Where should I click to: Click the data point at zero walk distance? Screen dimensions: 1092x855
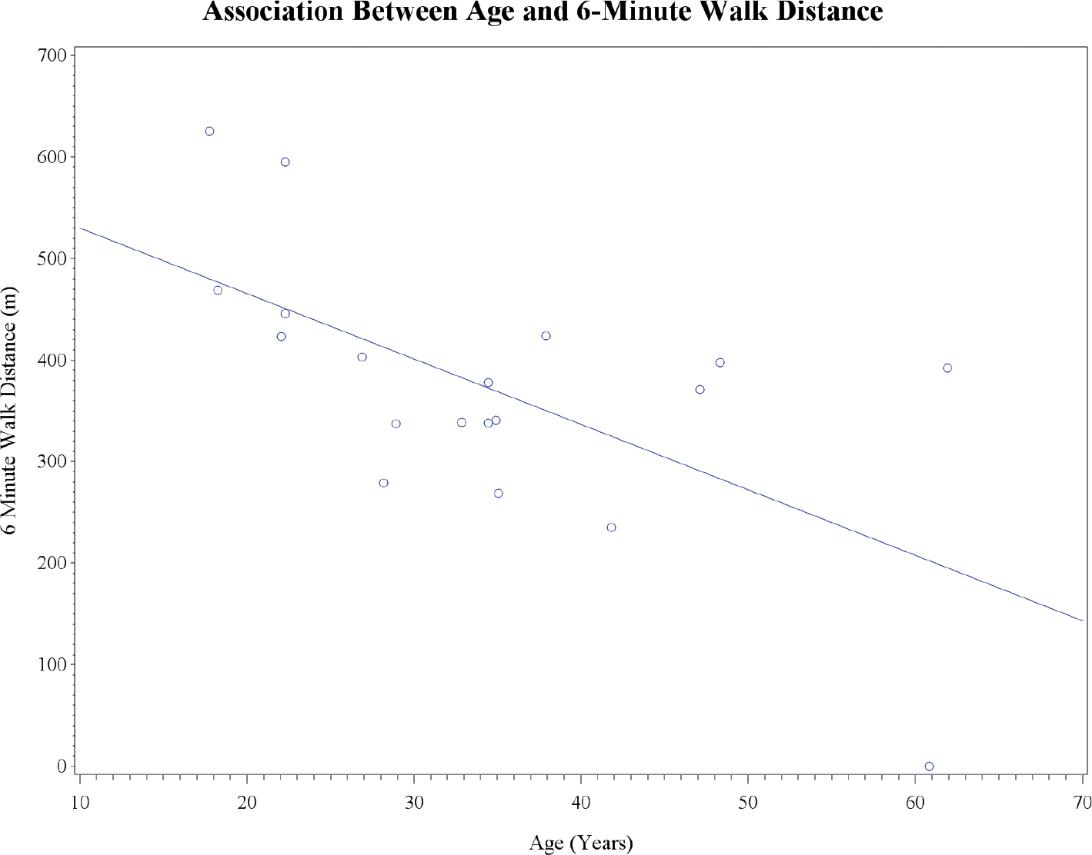coord(929,766)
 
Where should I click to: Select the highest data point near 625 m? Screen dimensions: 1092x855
coord(209,131)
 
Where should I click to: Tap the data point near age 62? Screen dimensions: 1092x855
coord(947,368)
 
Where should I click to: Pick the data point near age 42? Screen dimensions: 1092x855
coord(611,527)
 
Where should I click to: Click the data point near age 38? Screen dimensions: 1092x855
coord(546,336)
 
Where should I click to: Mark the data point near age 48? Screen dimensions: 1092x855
coord(720,362)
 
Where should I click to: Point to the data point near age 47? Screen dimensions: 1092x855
coord(700,390)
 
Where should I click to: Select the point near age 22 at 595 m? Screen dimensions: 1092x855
coord(285,161)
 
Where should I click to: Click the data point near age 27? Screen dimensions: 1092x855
coord(362,357)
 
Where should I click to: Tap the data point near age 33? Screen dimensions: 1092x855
coord(461,423)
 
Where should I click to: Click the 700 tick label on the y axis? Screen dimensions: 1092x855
coord(52,55)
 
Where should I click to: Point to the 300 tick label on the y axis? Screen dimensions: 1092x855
coord(52,461)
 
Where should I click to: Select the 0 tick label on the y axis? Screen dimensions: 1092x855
coord(62,766)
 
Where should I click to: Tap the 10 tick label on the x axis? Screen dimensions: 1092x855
coord(80,802)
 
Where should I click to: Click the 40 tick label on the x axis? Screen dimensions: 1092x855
coord(581,802)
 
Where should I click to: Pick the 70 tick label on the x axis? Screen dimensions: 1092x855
coord(1080,802)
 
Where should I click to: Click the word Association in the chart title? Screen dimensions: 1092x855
coord(272,11)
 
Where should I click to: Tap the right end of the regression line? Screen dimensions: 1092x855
coord(1083,620)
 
